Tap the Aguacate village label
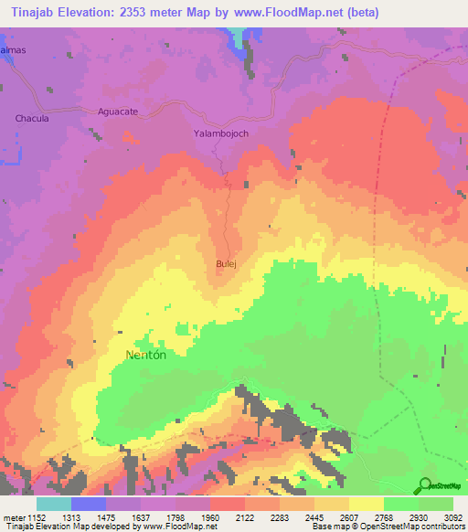[117, 111]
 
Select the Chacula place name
[32, 119]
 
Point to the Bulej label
[226, 264]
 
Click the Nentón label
[144, 354]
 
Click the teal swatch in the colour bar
[54, 504]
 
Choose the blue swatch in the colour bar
[89, 504]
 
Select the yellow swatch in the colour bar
[367, 504]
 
